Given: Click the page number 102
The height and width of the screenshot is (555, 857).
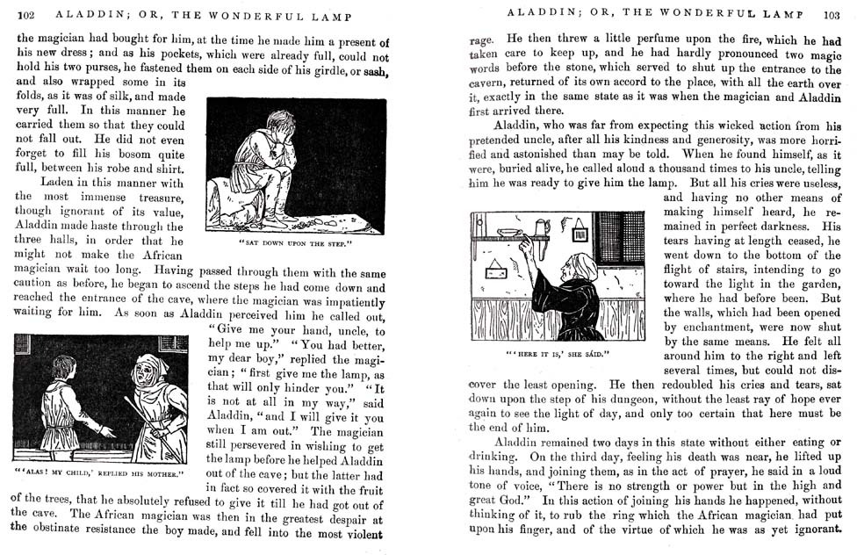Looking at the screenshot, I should point(25,15).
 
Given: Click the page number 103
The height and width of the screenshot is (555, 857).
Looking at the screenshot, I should point(832,14).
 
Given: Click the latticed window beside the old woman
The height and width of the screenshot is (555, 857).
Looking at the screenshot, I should point(620,237).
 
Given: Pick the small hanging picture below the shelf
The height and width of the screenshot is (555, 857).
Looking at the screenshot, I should point(497,270).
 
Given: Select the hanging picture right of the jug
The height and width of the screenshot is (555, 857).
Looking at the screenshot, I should point(580,233).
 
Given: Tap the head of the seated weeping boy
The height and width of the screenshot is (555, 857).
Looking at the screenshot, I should point(281,123).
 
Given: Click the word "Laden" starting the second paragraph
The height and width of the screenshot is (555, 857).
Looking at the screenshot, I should point(57,183).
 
